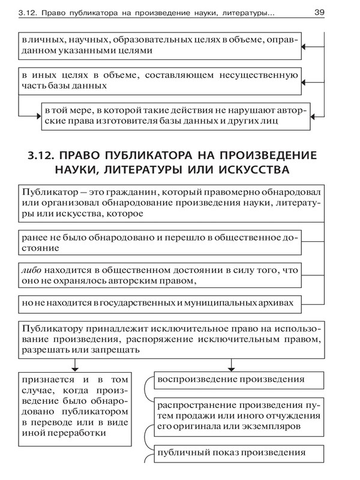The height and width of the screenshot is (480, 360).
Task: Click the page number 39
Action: pyautogui.click(x=320, y=11)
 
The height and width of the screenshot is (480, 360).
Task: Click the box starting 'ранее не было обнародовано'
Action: pyautogui.click(x=158, y=242)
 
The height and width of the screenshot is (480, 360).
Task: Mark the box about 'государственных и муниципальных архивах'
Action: pyautogui.click(x=158, y=304)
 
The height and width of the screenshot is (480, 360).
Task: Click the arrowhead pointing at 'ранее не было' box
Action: pyautogui.click(x=304, y=242)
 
